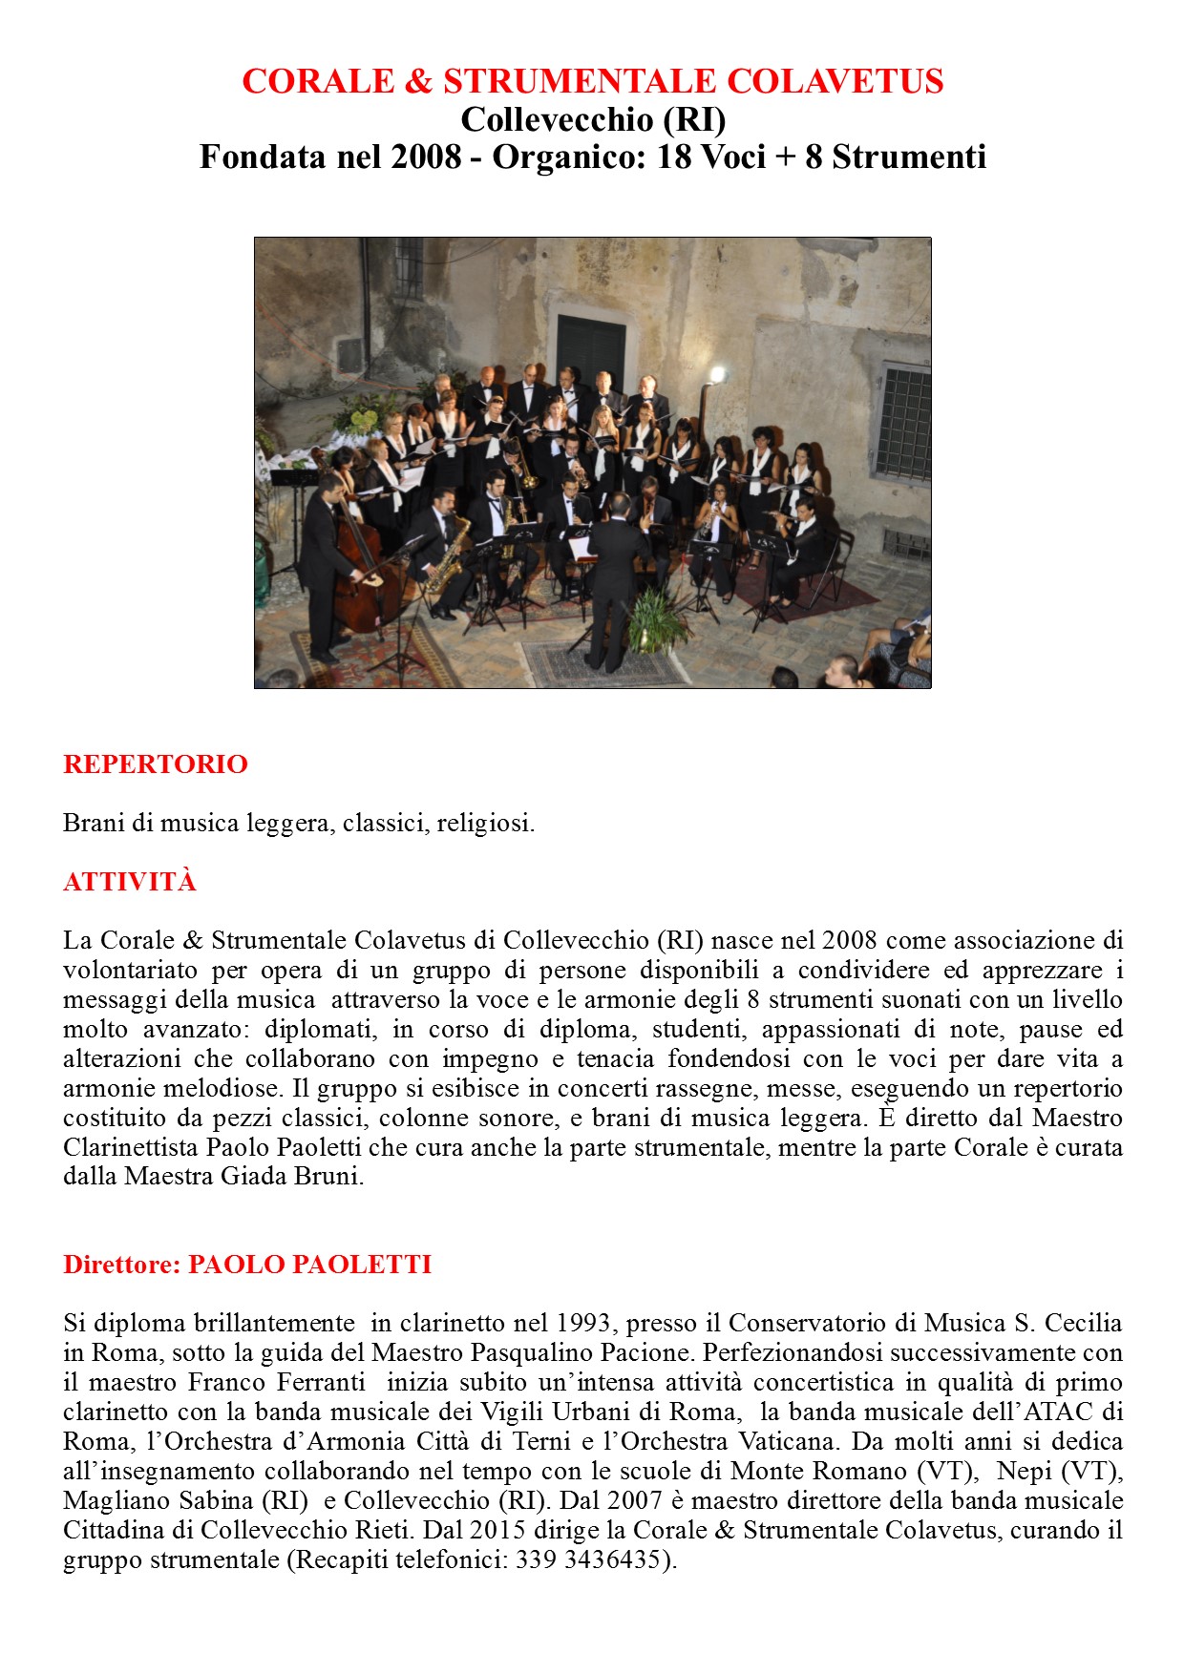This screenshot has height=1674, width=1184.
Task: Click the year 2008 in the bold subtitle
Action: click(x=425, y=157)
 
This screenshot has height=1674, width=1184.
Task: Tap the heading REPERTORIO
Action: click(x=156, y=764)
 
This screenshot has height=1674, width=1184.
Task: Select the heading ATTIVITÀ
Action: click(x=130, y=882)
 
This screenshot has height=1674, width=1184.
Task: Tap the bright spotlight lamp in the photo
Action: click(x=716, y=374)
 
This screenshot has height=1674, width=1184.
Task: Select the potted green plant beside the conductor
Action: click(x=660, y=620)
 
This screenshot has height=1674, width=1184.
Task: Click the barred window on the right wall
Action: click(x=902, y=423)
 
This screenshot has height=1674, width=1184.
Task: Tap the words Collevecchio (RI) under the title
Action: click(x=593, y=120)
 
